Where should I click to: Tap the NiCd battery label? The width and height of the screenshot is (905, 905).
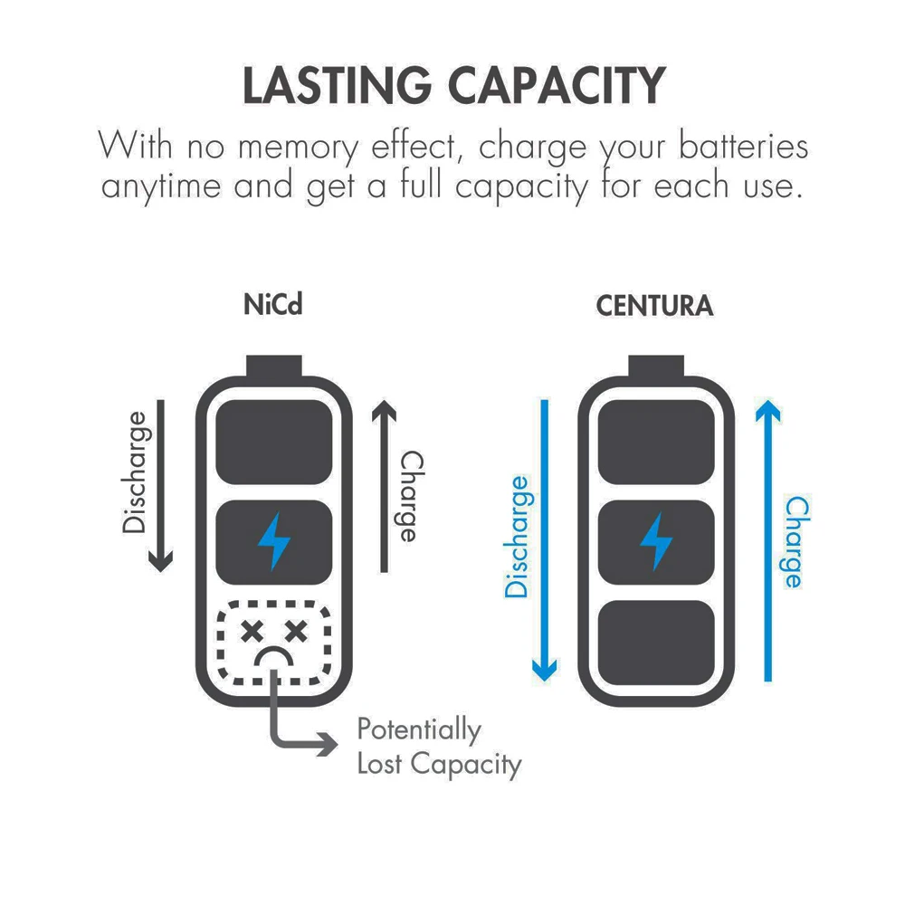tap(272, 305)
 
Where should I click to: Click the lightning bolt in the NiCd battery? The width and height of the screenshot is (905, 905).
tap(274, 540)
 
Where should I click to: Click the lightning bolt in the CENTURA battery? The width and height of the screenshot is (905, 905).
tap(655, 540)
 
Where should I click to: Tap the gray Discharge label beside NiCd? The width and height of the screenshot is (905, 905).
tap(135, 472)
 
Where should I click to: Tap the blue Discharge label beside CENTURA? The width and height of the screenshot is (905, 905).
tap(517, 537)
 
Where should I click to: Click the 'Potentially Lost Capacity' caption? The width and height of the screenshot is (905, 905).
tap(438, 747)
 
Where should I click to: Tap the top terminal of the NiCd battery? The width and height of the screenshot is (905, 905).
tap(273, 367)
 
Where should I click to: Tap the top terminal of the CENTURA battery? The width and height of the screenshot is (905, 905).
tap(655, 367)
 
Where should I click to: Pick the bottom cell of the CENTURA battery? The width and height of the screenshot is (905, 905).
tap(655, 642)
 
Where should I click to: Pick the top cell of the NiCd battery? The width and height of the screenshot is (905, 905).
tap(274, 440)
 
